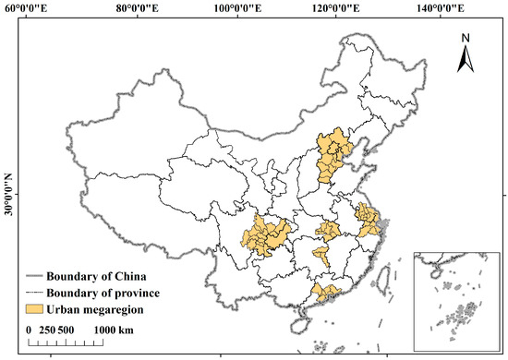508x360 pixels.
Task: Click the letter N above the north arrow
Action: point(466,38)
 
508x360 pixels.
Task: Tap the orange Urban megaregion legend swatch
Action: point(35,307)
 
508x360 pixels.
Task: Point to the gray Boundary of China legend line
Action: point(35,274)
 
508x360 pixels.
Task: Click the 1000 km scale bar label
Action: point(115,330)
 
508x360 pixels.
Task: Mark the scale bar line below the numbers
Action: point(65,342)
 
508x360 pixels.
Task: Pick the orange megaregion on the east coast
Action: point(369,220)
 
